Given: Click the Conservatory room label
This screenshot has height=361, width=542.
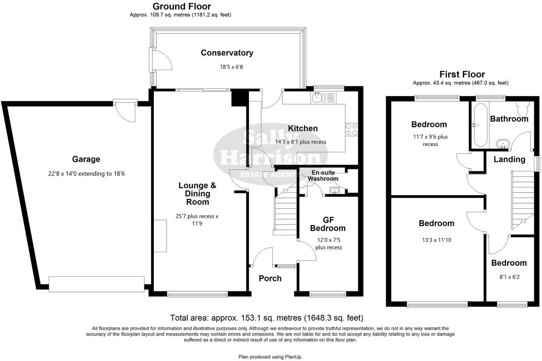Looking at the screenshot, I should [227, 53].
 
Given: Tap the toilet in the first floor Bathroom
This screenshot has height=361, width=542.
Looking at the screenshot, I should [522, 109].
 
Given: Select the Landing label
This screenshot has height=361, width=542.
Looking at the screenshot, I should [509, 159].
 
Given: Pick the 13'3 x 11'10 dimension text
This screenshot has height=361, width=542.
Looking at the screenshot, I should [436, 240].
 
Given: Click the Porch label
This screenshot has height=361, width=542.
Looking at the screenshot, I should [270, 278].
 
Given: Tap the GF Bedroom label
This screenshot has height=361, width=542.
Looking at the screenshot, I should [327, 224].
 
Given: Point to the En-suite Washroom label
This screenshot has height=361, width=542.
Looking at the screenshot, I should [323, 176].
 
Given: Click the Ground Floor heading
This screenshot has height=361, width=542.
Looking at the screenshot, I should [181, 6].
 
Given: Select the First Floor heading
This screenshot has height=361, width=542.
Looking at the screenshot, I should [462, 74].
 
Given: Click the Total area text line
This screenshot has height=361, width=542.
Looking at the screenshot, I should [266, 318].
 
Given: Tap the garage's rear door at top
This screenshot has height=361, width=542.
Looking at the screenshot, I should [125, 110].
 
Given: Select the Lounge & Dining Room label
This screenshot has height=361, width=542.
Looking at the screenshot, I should [197, 193].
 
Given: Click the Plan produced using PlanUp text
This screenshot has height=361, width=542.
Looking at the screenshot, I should [271, 357].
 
